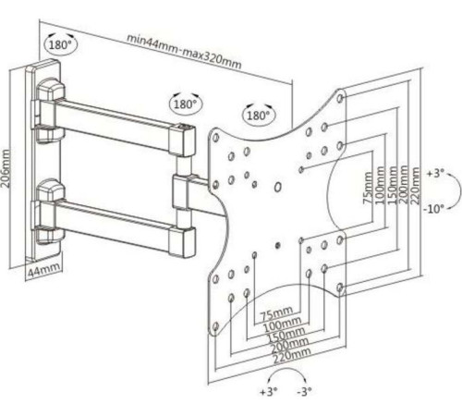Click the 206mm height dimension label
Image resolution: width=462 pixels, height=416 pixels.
coord(6,168)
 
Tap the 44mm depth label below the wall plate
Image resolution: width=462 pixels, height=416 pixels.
coord(43,270)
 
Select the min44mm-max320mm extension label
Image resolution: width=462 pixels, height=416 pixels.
coord(184,52)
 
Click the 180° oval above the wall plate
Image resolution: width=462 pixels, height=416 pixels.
coord(61,44)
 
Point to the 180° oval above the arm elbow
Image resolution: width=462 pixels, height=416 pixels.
coord(186,104)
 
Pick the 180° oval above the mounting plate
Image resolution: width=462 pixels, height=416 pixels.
coord(259,116)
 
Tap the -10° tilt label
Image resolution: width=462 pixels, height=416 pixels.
coord(434,209)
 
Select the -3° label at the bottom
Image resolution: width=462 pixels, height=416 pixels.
coord(304,392)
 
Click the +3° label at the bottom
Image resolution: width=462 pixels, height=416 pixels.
coord(269,392)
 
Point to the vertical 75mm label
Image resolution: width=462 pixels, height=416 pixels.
coord(368,188)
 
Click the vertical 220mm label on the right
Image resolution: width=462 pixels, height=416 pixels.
coord(415,186)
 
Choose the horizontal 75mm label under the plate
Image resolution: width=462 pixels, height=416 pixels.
coord(276,313)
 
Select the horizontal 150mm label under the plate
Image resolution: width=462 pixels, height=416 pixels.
coord(286,334)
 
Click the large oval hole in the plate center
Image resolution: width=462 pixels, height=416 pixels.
coord(278,187)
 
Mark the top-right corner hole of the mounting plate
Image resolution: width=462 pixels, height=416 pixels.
coord(340,98)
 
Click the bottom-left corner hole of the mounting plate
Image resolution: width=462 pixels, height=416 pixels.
coord(215,326)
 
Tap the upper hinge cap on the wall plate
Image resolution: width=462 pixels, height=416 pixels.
coord(50,90)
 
